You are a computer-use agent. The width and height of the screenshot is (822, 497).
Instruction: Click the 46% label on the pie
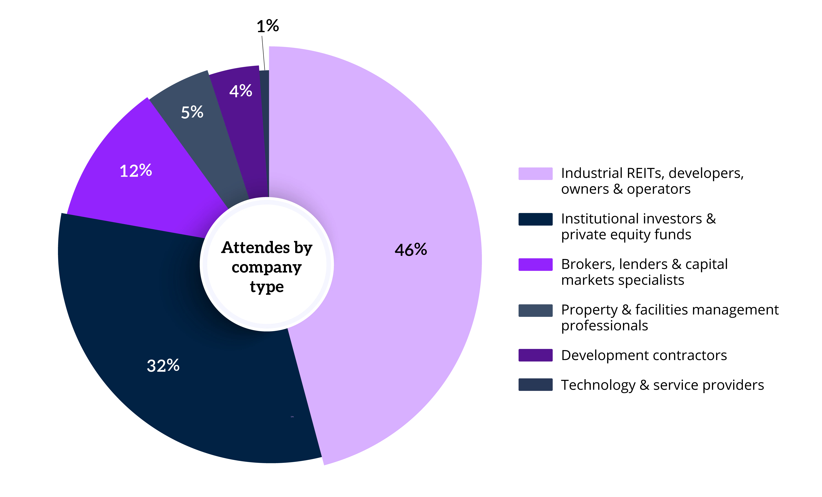click(x=411, y=249)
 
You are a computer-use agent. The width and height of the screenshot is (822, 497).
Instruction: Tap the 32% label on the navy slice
click(x=163, y=365)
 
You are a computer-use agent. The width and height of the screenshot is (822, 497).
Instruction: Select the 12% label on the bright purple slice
click(x=136, y=171)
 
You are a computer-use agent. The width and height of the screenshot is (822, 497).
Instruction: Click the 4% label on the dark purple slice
click(x=241, y=91)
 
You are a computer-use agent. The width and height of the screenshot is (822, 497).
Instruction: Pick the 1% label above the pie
click(x=268, y=26)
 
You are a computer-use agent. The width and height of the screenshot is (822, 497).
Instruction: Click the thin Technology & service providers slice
click(x=264, y=134)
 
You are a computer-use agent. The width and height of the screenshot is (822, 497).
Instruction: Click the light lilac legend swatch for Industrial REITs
click(x=535, y=174)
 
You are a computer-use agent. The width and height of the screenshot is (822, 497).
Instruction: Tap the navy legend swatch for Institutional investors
click(x=535, y=219)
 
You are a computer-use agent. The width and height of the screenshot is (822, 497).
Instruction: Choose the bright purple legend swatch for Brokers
click(x=535, y=264)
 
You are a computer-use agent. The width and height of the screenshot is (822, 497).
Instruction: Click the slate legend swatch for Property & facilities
click(x=535, y=310)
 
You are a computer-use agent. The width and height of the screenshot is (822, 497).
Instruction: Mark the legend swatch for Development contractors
click(x=535, y=355)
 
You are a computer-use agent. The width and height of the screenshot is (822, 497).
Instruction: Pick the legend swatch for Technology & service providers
click(x=535, y=384)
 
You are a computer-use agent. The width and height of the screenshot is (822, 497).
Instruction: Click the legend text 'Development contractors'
click(x=644, y=355)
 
